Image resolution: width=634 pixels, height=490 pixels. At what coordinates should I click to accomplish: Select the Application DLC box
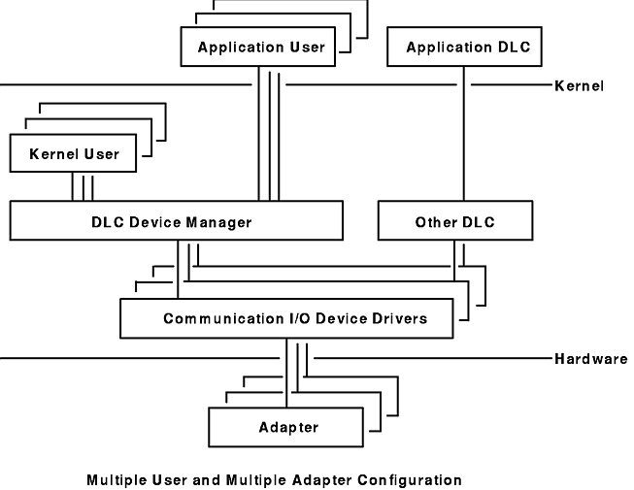point(462,48)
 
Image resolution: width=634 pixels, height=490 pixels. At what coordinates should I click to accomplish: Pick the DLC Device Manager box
point(177,222)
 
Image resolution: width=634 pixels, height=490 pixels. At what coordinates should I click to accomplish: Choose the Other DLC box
point(455,222)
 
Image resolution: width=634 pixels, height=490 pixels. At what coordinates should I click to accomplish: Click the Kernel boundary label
point(579,86)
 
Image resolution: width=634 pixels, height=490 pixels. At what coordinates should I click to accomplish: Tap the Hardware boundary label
point(588,358)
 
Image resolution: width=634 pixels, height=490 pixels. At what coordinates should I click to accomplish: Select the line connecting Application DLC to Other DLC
point(463,136)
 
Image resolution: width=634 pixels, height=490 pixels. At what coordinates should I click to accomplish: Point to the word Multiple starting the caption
point(114,479)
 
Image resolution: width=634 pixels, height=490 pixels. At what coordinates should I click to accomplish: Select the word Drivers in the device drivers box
point(400,318)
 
